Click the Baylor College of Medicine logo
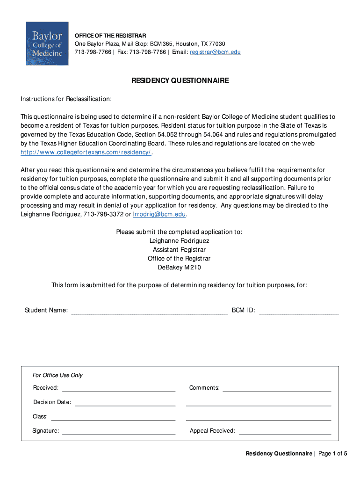click(x=47, y=44)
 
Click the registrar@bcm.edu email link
click(x=215, y=52)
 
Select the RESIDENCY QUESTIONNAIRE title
click(x=180, y=80)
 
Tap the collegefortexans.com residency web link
click(x=86, y=152)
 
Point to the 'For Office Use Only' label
click(x=58, y=375)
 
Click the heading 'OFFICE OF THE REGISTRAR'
click(x=111, y=36)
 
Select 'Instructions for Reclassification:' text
click(x=66, y=99)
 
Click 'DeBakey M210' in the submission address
click(x=179, y=268)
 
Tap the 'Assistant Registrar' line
click(x=179, y=250)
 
